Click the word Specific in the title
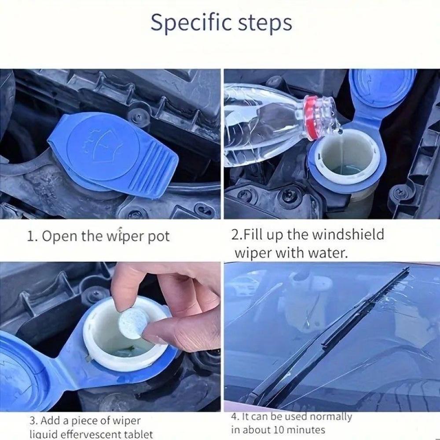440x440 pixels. [191, 23]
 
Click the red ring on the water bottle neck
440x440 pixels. [312, 117]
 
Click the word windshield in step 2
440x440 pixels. [348, 235]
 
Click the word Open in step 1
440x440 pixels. [59, 236]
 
